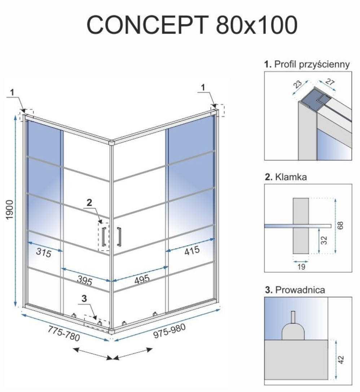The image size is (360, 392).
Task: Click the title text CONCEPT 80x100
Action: point(192,25)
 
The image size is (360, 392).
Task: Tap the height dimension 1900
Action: point(9,210)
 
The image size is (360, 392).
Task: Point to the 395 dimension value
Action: point(84,281)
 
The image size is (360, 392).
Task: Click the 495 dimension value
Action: point(142,279)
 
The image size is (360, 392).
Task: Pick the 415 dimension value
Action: point(192,251)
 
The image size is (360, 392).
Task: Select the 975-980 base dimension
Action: point(170,331)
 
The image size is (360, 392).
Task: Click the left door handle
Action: point(104,237)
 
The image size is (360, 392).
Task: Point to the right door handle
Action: point(119,237)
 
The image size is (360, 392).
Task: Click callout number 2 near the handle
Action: point(89,203)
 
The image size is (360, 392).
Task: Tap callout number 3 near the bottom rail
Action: point(84,298)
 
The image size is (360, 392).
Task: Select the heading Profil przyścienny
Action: point(312,64)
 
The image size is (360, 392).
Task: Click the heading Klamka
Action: point(291,177)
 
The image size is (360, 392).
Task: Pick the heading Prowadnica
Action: point(300,290)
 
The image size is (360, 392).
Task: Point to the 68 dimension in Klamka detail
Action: point(341,225)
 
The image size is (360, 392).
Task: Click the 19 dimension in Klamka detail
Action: point(301,267)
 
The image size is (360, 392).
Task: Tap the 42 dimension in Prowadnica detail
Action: point(341,360)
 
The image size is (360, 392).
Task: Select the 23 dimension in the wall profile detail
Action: point(298,84)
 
